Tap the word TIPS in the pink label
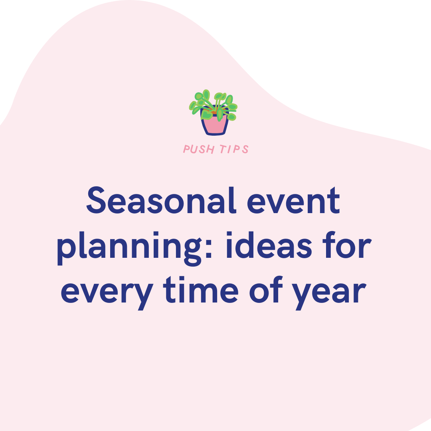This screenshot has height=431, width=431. (234, 150)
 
